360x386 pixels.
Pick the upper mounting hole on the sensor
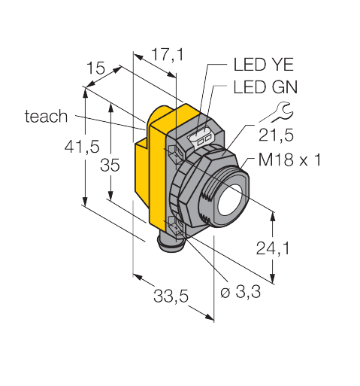175,152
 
